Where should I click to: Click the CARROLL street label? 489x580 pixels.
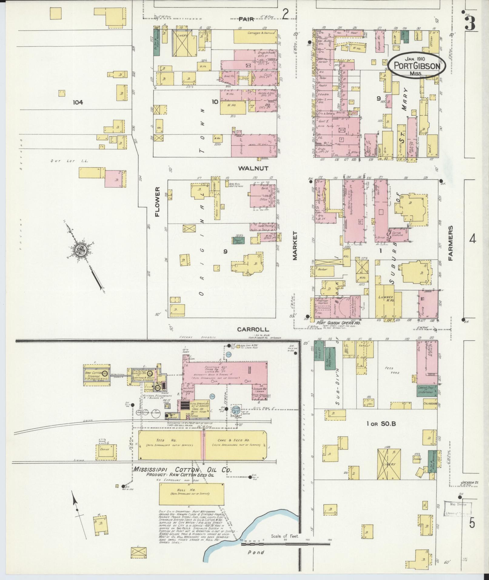click(x=253, y=329)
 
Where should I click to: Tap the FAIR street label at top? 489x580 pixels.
click(x=246, y=19)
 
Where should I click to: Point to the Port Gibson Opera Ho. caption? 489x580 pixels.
click(x=338, y=323)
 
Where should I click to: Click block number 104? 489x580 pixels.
click(x=78, y=102)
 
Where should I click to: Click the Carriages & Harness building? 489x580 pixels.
click(x=255, y=36)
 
